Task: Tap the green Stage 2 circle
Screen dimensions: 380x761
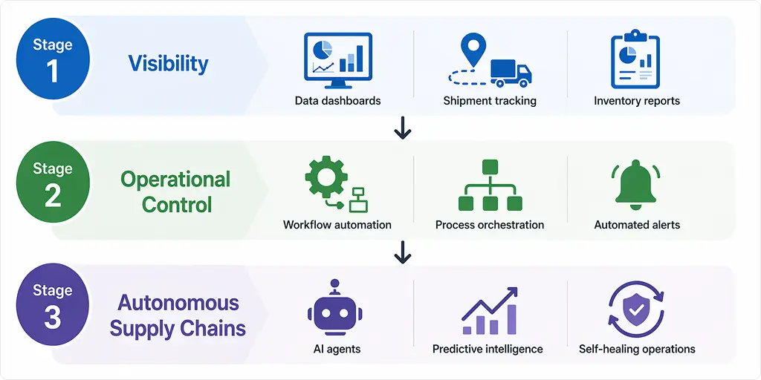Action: coord(52,183)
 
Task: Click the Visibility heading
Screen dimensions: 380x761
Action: coord(168,63)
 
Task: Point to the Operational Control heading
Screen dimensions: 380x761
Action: coord(176,191)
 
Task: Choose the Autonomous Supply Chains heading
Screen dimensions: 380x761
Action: coord(178,315)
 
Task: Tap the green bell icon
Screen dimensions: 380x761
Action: coord(636,184)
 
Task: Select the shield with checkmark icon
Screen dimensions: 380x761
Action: coord(636,308)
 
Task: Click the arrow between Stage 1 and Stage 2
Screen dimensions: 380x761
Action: coord(402,128)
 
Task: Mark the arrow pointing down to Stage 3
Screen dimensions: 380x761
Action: coord(402,252)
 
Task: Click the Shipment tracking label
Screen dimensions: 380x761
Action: coord(489,101)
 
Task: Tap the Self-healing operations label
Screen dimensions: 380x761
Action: coord(637,349)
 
